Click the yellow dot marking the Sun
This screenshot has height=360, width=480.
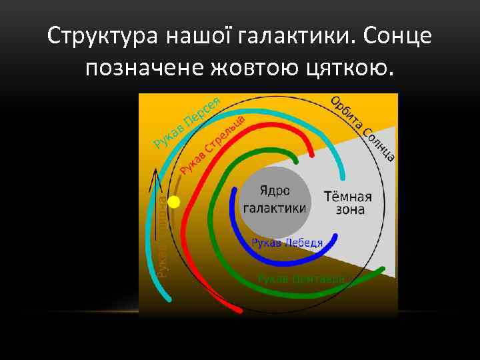(174, 203)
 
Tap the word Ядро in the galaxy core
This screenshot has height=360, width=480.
(275, 191)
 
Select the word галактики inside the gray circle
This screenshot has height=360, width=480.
(275, 207)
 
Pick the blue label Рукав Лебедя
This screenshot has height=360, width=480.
(287, 243)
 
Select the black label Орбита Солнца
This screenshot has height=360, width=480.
(364, 129)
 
